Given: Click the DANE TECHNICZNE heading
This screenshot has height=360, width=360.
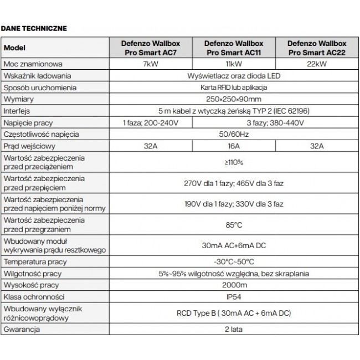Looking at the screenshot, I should [34, 27].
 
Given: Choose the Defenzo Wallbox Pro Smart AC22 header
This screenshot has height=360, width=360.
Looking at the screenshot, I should [315, 48].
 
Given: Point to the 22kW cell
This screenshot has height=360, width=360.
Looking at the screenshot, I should [315, 64].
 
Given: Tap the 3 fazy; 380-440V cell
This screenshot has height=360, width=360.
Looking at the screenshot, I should [274, 122].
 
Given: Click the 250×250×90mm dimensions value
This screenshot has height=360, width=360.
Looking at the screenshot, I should [233, 99].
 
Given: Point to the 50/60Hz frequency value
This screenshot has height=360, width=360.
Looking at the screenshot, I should [233, 134].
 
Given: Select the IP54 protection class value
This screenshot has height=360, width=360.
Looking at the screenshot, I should [233, 296].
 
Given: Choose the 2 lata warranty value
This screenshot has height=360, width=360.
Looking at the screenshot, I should [233, 329].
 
